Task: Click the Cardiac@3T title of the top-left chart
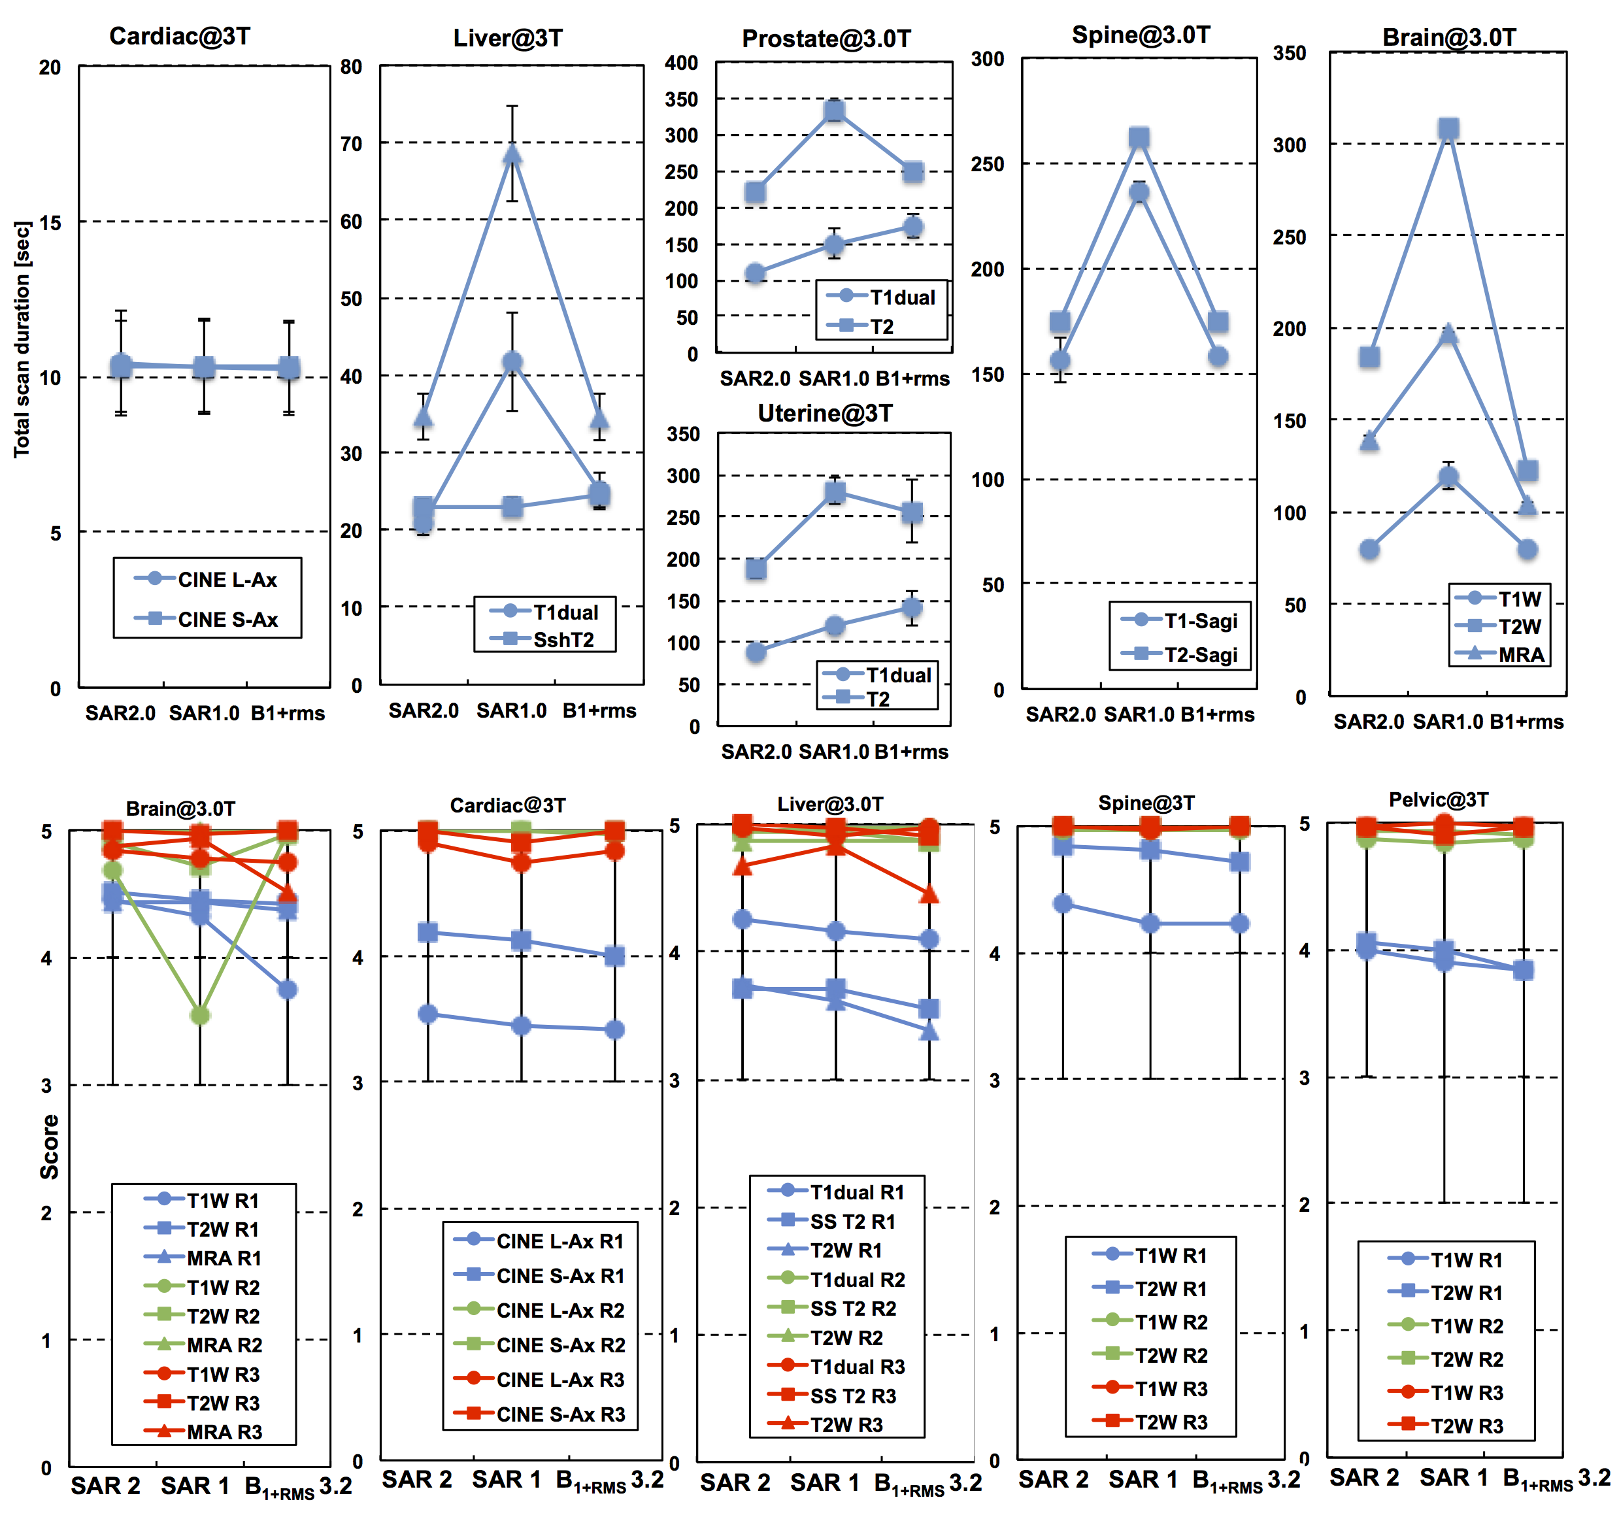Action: (180, 36)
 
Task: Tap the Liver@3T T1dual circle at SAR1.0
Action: (512, 362)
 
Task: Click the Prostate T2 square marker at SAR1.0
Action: (833, 110)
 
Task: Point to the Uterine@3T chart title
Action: (825, 414)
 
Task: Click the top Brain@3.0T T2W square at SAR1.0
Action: (1448, 129)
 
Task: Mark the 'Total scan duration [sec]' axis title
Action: (22, 339)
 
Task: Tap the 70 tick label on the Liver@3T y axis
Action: (351, 144)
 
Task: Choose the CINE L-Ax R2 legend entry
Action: (540, 1310)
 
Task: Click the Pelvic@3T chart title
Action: (1438, 800)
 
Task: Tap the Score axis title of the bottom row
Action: (49, 1146)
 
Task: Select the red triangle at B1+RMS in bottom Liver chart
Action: (928, 894)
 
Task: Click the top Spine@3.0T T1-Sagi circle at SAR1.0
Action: (1139, 192)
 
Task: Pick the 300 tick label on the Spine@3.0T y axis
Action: (987, 59)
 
